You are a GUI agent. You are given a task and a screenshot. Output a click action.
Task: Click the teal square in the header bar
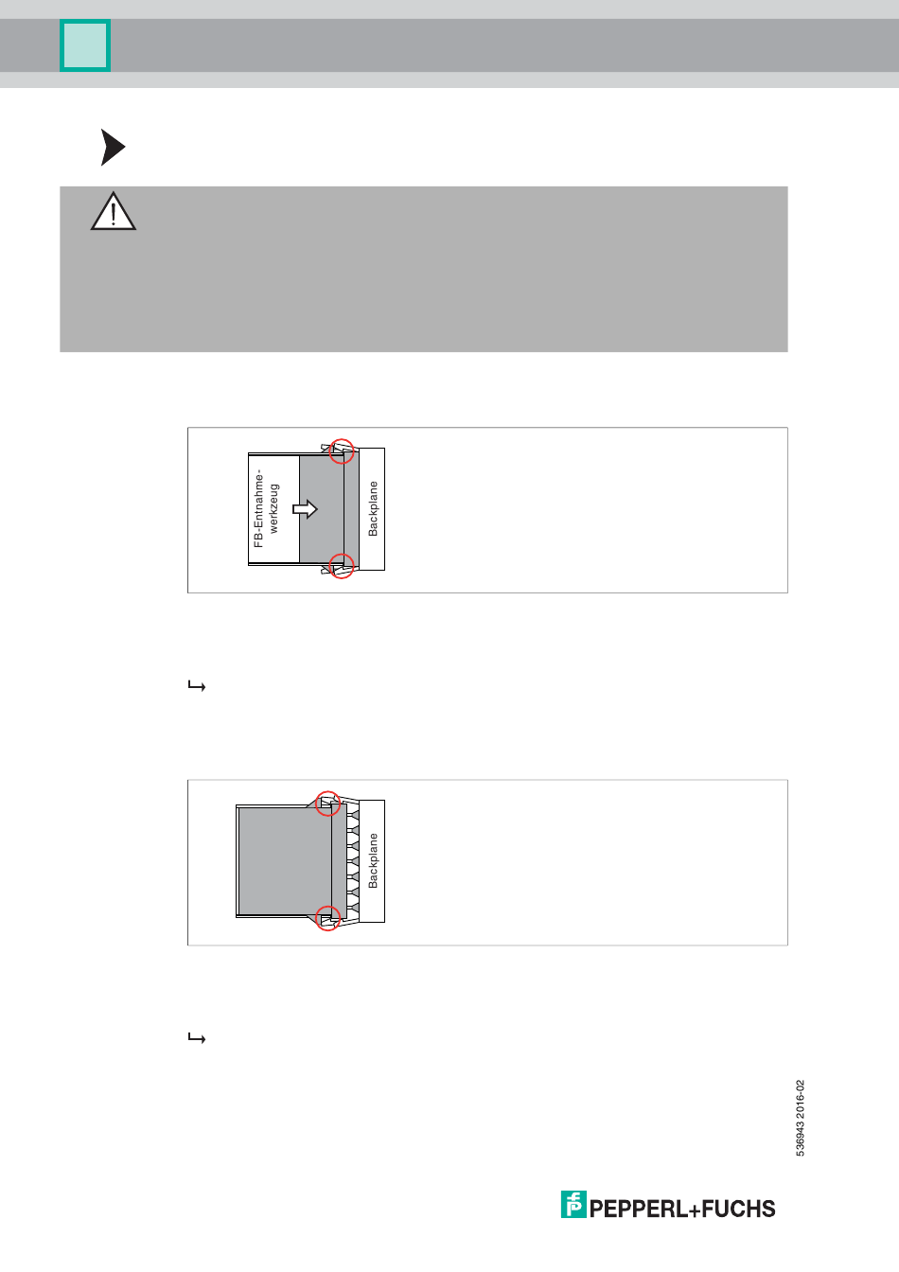click(85, 45)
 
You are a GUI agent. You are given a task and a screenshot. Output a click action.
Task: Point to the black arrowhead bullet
click(113, 147)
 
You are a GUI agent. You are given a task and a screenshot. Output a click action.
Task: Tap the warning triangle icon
click(113, 211)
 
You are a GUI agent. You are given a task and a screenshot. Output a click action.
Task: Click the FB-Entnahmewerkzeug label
click(266, 508)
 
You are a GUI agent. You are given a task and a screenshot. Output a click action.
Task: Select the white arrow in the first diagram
click(305, 509)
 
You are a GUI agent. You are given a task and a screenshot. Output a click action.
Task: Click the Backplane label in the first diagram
click(373, 509)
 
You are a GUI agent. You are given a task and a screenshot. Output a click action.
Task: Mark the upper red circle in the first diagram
click(342, 450)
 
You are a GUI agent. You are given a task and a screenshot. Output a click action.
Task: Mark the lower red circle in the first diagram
click(342, 566)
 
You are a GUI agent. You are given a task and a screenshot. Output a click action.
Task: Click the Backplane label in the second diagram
click(373, 861)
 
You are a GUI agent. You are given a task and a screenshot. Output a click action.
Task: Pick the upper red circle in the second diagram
click(327, 804)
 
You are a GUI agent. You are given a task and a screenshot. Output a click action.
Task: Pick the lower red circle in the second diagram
click(327, 918)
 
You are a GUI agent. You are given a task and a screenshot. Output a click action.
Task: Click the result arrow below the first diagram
click(197, 686)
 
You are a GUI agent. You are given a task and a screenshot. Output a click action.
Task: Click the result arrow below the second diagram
click(197, 1038)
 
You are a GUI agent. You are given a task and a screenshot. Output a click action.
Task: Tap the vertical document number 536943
click(800, 1138)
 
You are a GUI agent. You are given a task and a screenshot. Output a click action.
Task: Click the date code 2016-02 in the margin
click(800, 1099)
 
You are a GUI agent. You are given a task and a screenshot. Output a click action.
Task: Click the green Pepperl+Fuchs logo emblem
click(573, 1205)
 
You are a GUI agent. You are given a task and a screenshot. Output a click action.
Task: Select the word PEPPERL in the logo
click(639, 1209)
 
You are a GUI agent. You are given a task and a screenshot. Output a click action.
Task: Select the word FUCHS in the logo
click(738, 1209)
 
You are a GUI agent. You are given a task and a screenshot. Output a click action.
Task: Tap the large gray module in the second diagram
click(285, 861)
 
